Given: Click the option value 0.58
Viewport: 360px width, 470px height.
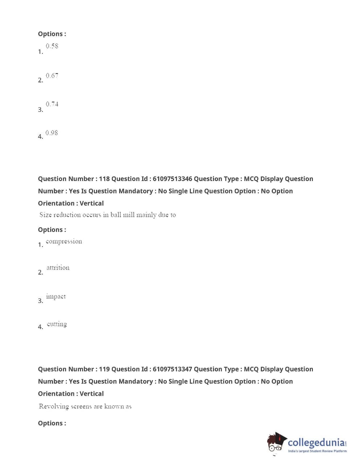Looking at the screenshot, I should (x=52, y=46).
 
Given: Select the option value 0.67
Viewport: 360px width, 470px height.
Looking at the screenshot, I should (x=52, y=75).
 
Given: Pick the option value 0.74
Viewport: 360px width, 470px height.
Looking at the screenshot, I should (x=52, y=104).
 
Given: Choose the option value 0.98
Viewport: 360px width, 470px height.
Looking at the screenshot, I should (x=51, y=133).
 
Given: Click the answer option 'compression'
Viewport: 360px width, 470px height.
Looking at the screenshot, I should (x=64, y=242).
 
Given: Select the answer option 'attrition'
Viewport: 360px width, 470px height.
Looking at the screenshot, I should (x=58, y=268).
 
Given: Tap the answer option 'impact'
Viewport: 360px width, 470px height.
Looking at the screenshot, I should (x=56, y=296).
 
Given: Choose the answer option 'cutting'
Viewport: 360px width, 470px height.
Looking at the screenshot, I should (x=57, y=324).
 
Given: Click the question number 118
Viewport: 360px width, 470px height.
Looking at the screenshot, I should (x=104, y=179).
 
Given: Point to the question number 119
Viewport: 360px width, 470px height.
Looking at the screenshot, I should (x=104, y=369).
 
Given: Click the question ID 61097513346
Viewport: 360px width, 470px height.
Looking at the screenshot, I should (x=172, y=179).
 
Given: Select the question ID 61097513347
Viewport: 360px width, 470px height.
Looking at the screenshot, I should (x=172, y=369).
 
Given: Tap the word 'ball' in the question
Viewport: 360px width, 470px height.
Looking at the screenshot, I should (x=116, y=215).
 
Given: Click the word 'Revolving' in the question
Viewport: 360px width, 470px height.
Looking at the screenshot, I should (x=54, y=406).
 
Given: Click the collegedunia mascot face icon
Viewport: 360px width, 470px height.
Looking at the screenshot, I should (x=276, y=443).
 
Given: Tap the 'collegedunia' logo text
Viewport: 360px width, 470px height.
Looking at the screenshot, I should (x=316, y=442).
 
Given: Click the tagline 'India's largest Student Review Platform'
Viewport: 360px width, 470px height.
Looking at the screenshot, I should (x=317, y=451).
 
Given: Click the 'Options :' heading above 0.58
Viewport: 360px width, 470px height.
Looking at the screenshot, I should (x=52, y=34).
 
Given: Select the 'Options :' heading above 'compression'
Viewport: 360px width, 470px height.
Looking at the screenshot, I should (x=52, y=230).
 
